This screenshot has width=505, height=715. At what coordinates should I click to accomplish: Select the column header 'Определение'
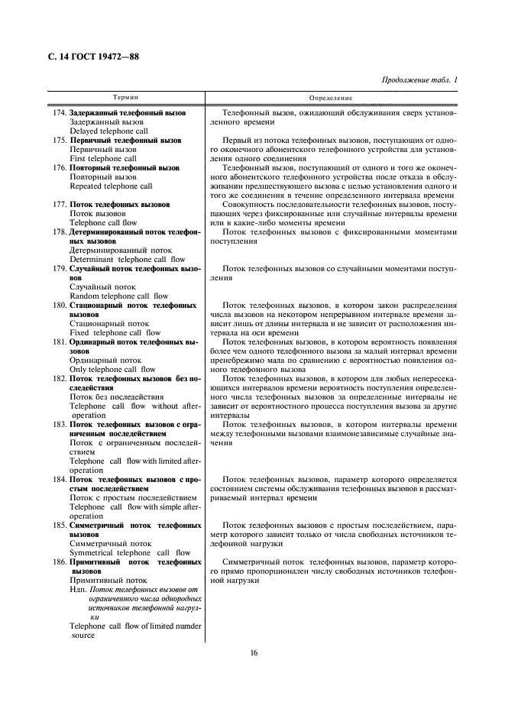[x=331, y=99]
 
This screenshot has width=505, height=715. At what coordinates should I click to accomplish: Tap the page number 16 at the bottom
[x=253, y=652]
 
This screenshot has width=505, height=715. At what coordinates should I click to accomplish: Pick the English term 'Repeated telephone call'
[x=111, y=186]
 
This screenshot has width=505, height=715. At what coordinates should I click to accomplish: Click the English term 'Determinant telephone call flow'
[x=127, y=259]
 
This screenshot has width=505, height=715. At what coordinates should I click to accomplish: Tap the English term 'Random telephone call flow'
[x=118, y=296]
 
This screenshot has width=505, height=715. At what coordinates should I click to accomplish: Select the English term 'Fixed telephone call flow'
[x=115, y=332]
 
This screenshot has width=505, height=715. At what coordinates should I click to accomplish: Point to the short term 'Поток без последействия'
[x=116, y=396]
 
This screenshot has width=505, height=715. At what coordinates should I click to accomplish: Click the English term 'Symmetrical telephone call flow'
[x=130, y=552]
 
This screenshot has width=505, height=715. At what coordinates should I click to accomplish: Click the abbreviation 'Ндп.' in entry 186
[x=78, y=589]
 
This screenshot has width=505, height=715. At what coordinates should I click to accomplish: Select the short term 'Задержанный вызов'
[x=105, y=121]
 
